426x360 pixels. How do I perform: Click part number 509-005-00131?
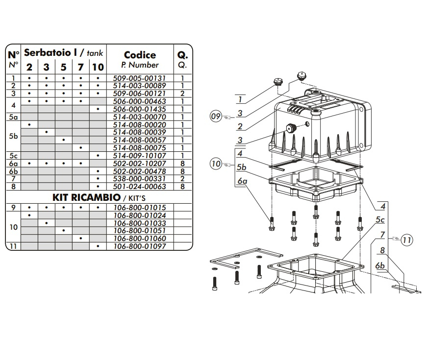pyautogui.click(x=140, y=77)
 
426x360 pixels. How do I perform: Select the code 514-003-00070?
pyautogui.click(x=140, y=117)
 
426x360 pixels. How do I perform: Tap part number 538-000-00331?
pyautogui.click(x=140, y=179)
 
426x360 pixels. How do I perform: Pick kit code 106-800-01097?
pyautogui.click(x=140, y=246)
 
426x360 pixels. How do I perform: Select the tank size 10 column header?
pyautogui.click(x=98, y=67)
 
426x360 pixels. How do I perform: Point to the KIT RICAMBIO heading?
pyautogui.click(x=86, y=197)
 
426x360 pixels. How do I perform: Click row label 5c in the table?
pyautogui.click(x=13, y=156)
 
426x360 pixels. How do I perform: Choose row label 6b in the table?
pyautogui.click(x=13, y=171)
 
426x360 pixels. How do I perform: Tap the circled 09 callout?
pyautogui.click(x=216, y=117)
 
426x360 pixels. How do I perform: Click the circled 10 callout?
pyautogui.click(x=216, y=164)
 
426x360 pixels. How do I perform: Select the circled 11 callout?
pyautogui.click(x=406, y=240)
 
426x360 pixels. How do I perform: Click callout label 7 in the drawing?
pyautogui.click(x=382, y=235)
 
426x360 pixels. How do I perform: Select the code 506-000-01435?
pyautogui.click(x=140, y=109)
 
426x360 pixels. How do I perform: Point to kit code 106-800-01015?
pyautogui.click(x=140, y=208)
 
